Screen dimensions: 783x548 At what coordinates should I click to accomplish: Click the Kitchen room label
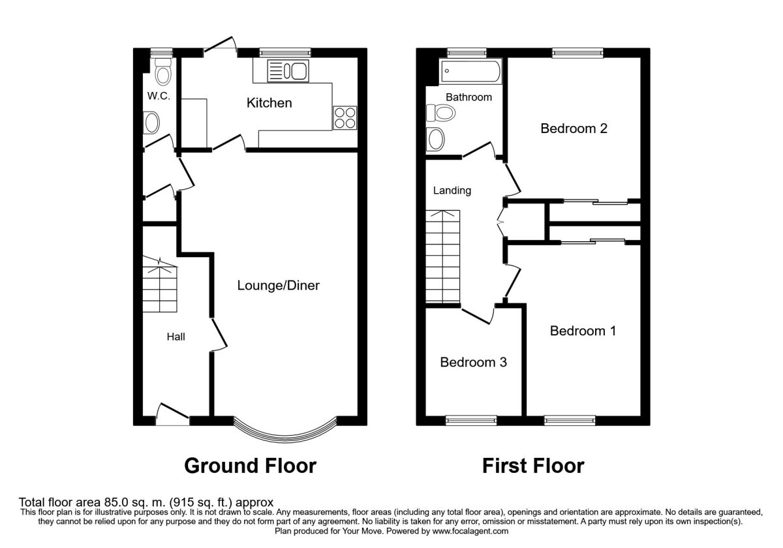click(269, 103)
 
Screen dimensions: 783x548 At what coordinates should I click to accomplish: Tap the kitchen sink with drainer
click(288, 71)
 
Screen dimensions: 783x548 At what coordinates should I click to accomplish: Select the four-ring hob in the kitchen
click(345, 118)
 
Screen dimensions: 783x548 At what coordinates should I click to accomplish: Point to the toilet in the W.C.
click(163, 72)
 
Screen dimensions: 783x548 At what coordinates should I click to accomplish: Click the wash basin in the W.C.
click(151, 123)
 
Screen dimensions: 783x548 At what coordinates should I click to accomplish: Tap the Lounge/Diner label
click(278, 286)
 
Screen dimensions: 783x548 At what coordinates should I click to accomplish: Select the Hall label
click(176, 337)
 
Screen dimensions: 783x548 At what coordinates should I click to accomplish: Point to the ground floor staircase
click(160, 284)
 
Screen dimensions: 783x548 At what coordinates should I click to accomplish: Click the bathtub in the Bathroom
click(470, 72)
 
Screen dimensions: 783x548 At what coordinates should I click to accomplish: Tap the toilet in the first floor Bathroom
click(441, 113)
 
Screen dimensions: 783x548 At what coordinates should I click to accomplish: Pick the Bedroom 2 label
click(574, 129)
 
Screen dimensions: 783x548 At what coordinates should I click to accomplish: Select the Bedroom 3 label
click(473, 362)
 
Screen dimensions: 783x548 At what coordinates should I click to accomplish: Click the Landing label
click(452, 190)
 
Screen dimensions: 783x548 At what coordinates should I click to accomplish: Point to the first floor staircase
click(442, 256)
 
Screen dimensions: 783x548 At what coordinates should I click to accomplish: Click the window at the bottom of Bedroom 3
click(471, 420)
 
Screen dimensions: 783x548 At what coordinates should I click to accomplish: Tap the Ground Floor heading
click(251, 466)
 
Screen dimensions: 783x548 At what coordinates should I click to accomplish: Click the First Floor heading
click(533, 466)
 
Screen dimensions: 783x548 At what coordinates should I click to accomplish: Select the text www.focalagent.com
click(470, 532)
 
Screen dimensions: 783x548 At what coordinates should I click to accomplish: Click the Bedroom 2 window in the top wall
click(578, 53)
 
